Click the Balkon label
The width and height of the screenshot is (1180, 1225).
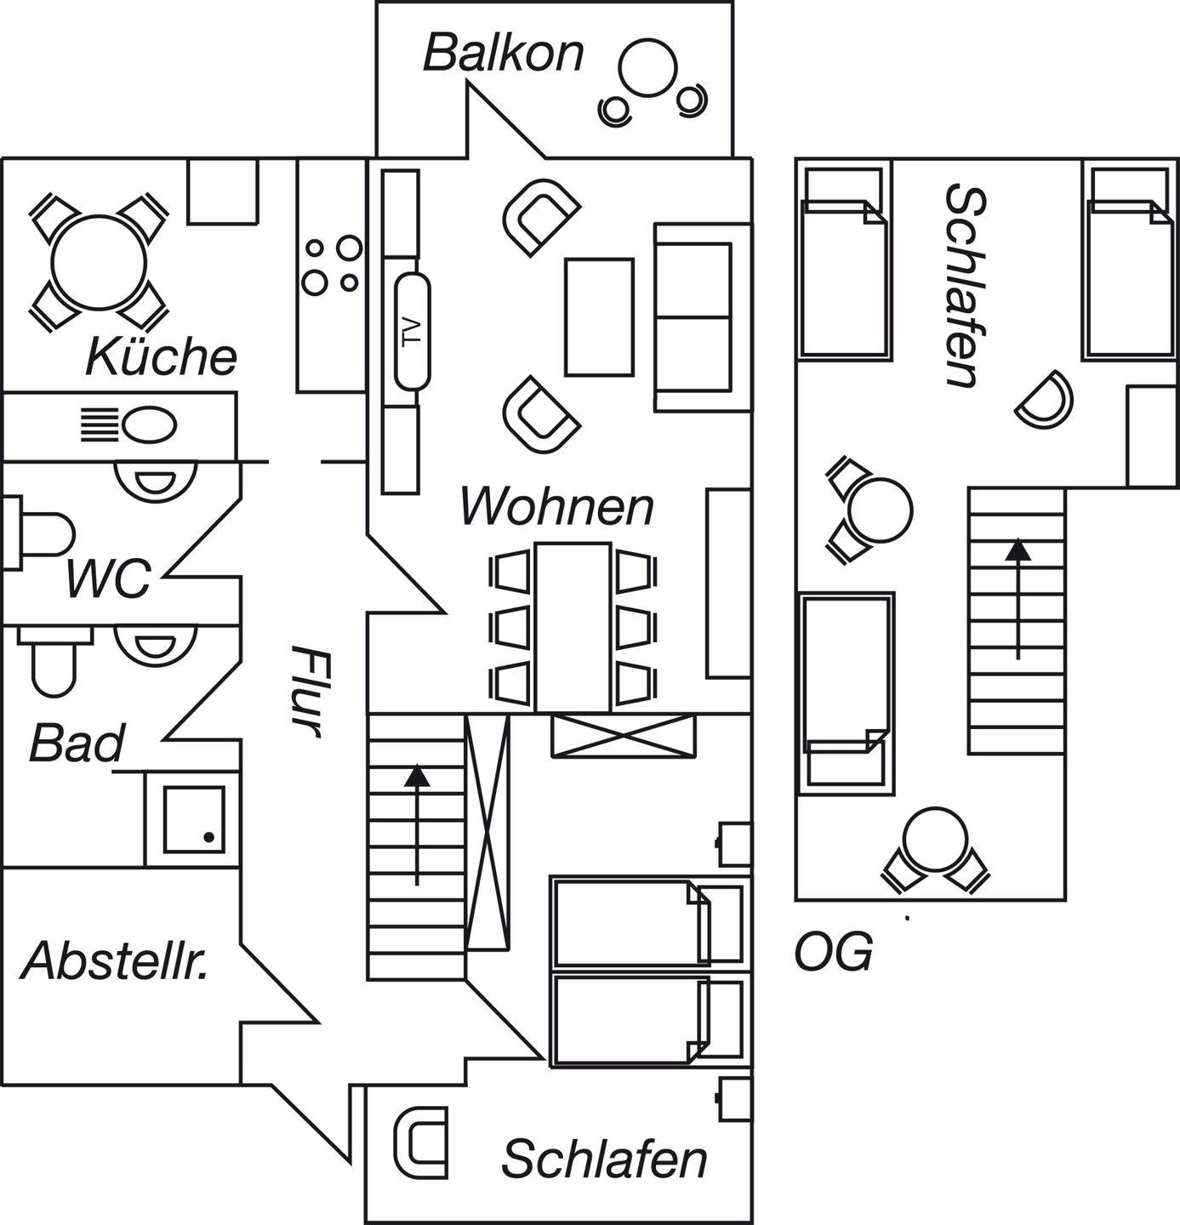504,53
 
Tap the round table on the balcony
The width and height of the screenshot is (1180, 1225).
648,70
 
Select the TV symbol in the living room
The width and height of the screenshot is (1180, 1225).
413,331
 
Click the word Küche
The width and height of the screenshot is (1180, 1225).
161,356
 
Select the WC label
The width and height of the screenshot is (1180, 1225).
108,578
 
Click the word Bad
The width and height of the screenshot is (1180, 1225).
77,743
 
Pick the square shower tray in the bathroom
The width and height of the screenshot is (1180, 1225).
194,819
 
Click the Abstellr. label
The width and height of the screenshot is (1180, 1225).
115,961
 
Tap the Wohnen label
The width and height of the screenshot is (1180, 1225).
557,507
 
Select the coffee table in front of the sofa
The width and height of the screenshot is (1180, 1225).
600,317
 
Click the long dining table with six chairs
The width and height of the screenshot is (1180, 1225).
573,626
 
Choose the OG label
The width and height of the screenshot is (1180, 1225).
833,953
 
